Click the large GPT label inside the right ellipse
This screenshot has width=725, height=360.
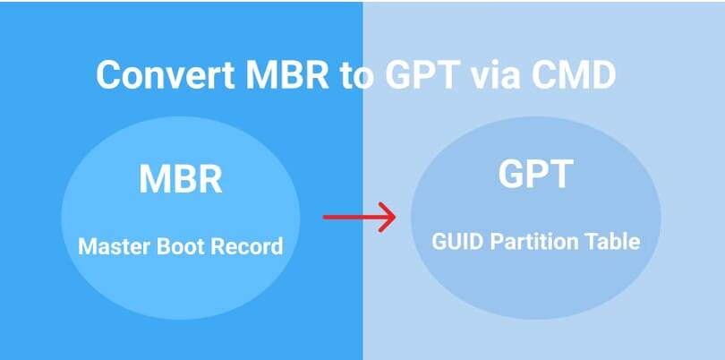(535, 174)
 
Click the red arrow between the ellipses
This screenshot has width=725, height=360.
(358, 216)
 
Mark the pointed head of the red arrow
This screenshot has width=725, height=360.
(391, 216)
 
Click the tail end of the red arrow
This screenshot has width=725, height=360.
(326, 216)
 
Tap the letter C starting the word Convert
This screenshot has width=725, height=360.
(107, 74)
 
